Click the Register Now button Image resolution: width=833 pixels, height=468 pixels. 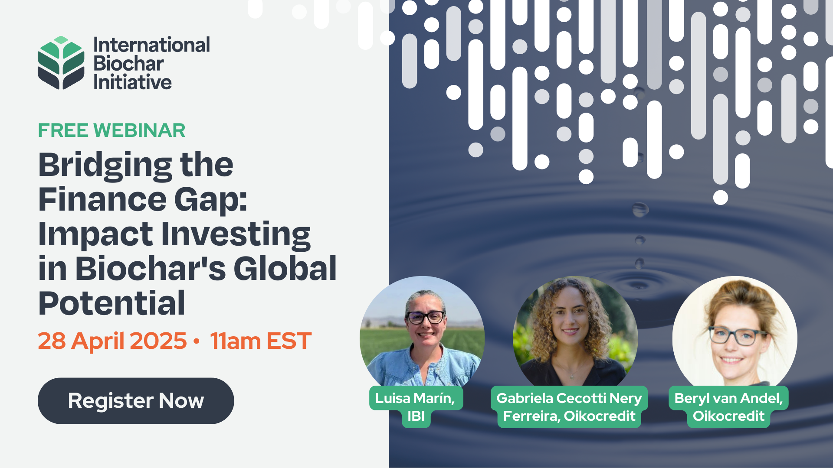[136, 401]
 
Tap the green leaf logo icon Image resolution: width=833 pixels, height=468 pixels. [61, 63]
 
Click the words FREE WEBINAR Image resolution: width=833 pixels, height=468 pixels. [112, 130]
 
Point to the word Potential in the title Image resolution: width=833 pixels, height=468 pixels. [112, 303]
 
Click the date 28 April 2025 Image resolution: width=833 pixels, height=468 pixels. [112, 341]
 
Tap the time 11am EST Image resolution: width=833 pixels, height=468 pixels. [260, 341]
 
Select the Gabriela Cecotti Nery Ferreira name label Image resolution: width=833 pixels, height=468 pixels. [569, 406]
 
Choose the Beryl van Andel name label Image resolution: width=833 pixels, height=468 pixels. [728, 406]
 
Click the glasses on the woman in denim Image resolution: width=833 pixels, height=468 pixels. [426, 318]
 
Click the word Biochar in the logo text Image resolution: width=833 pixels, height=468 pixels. [128, 64]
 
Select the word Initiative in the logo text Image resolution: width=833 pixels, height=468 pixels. [132, 82]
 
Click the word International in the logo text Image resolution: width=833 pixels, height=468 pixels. [151, 45]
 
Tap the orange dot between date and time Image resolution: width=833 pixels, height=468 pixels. [197, 341]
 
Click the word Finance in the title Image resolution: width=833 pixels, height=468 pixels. [102, 200]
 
